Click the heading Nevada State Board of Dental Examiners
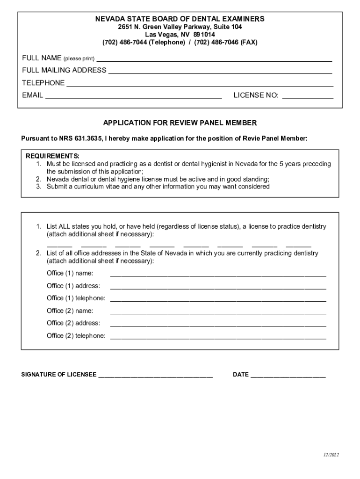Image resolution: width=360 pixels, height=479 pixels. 180,19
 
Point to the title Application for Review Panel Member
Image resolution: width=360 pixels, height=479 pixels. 180,123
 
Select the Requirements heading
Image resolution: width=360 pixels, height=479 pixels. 52,156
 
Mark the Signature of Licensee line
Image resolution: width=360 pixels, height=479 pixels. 156,376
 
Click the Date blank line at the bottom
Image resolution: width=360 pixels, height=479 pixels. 288,376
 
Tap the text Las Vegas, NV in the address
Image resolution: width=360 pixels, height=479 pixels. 164,35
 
